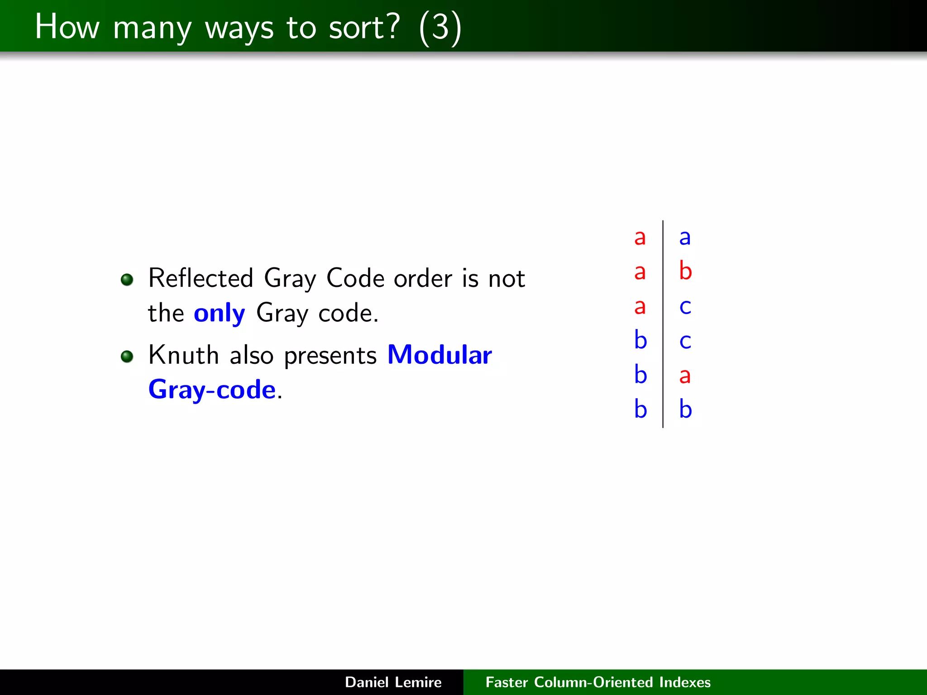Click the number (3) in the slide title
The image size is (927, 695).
point(440,28)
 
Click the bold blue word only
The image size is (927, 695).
point(220,313)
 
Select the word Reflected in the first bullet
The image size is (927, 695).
point(201,278)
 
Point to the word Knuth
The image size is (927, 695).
point(184,355)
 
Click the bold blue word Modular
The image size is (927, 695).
point(440,355)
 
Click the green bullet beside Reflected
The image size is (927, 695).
point(127,280)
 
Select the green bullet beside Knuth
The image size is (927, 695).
point(127,357)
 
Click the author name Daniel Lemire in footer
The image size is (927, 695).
point(393,682)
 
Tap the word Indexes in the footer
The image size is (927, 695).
point(685,682)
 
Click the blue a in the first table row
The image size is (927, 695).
point(685,238)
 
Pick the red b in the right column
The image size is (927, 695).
point(685,271)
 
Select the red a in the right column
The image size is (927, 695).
point(685,376)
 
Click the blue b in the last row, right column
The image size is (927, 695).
point(685,409)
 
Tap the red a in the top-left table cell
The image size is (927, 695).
point(640,238)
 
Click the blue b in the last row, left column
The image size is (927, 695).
point(640,409)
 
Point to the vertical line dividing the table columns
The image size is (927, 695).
point(663,324)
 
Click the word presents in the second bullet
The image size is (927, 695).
point(330,356)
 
